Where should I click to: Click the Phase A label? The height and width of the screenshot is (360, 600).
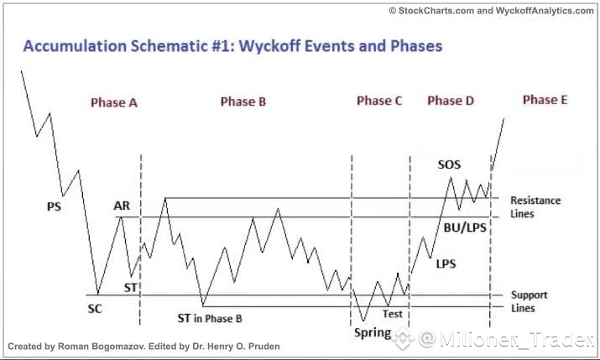[x=113, y=102]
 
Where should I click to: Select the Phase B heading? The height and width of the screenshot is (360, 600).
[x=243, y=102]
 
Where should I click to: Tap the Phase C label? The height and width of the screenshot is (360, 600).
[x=379, y=101]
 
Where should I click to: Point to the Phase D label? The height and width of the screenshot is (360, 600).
[x=451, y=101]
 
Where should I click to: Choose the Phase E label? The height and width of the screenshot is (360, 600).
[x=545, y=100]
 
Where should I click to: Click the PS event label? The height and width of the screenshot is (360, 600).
[x=54, y=207]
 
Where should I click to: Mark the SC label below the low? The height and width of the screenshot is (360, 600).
[x=95, y=309]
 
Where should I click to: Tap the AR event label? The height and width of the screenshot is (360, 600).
[x=122, y=206]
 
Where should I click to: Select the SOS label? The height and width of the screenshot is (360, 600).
[x=449, y=164]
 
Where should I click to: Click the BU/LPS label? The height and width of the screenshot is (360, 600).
[x=465, y=228]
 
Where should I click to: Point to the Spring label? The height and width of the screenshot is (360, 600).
[x=373, y=333]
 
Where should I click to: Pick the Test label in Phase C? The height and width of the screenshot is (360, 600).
[x=393, y=314]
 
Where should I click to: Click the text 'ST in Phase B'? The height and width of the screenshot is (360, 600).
[x=210, y=318]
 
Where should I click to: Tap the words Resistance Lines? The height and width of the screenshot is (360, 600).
[x=535, y=207]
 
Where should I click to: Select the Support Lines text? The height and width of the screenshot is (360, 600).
[x=530, y=301]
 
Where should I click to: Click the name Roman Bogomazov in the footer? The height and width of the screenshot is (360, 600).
[x=102, y=347]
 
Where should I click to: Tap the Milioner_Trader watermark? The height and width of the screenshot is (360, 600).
[x=506, y=338]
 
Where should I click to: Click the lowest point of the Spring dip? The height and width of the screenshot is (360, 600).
[x=363, y=321]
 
